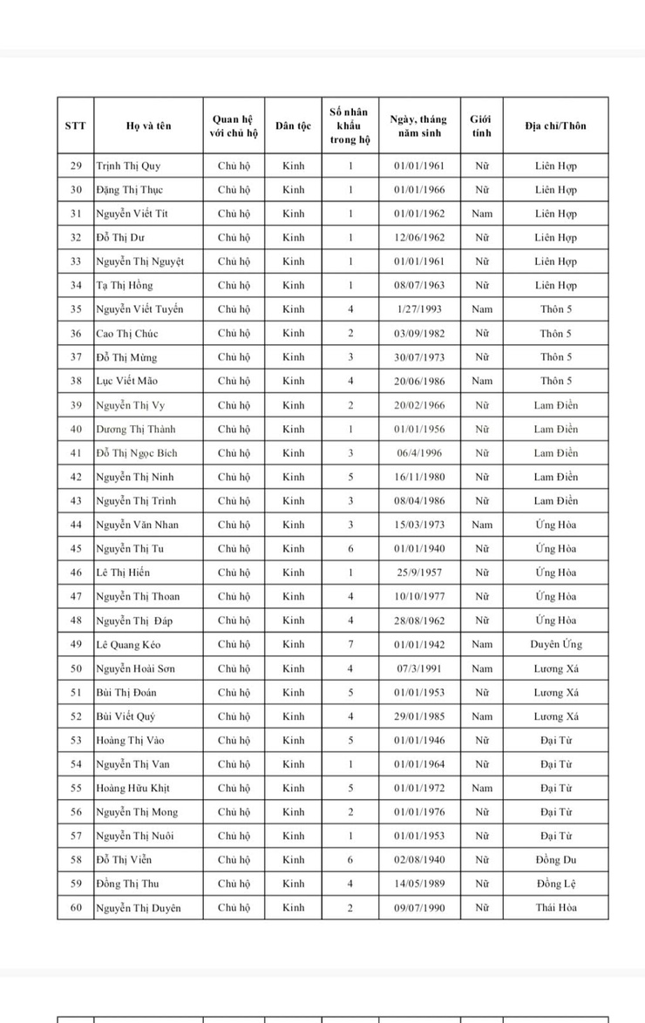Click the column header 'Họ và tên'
click(x=148, y=125)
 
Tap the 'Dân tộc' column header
click(x=293, y=125)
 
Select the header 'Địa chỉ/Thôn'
click(x=555, y=125)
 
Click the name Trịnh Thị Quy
click(x=128, y=166)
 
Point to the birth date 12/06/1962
click(x=419, y=237)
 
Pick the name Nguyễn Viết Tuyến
click(x=139, y=309)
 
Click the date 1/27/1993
click(x=419, y=309)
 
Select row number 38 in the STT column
click(x=76, y=381)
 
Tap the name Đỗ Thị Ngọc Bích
click(x=137, y=453)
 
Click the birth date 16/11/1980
click(x=419, y=477)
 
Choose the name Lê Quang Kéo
click(x=128, y=645)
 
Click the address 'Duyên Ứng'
click(x=555, y=645)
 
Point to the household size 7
click(x=350, y=645)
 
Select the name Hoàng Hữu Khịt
click(x=132, y=789)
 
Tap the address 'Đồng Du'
click(x=555, y=860)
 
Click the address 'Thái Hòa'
click(x=555, y=908)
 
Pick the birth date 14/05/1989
click(x=419, y=884)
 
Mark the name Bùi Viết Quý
click(x=126, y=716)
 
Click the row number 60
click(x=76, y=908)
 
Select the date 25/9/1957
click(x=419, y=572)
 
